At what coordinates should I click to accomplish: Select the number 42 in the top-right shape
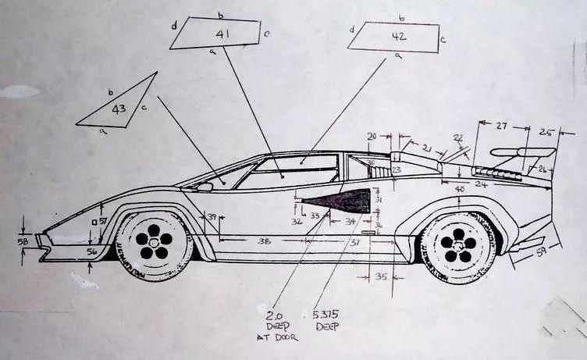click(x=399, y=35)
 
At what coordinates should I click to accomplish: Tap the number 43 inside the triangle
click(x=119, y=109)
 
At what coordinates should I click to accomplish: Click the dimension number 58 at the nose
click(x=23, y=243)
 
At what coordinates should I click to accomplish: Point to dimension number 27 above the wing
click(x=502, y=126)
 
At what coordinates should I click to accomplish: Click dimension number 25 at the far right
click(x=546, y=133)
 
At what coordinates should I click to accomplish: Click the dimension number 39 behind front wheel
click(x=211, y=216)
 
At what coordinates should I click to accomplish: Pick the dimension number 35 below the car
click(x=381, y=276)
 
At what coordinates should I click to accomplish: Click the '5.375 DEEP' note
click(x=326, y=320)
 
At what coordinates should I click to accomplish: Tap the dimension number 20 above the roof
click(x=372, y=136)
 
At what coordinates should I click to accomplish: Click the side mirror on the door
click(x=205, y=187)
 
